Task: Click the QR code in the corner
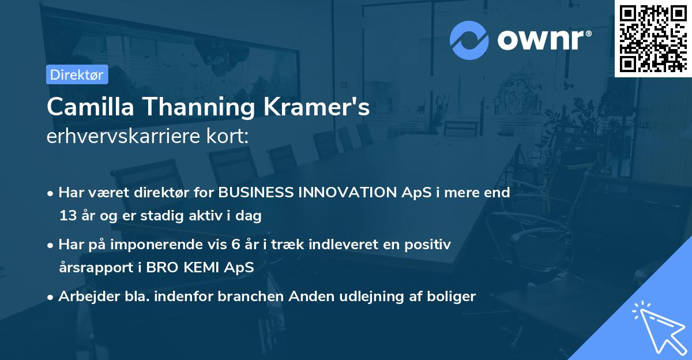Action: (x=653, y=38)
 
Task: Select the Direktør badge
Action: (x=77, y=74)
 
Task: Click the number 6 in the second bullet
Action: (x=235, y=245)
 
